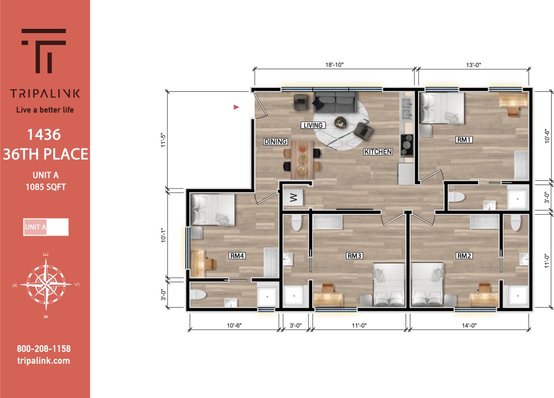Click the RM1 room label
(465, 140)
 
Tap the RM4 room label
(238, 256)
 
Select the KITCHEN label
(378, 152)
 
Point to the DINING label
(275, 142)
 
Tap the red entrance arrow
(236, 107)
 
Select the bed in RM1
(442, 108)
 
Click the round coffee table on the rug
(341, 122)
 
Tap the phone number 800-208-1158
(44, 349)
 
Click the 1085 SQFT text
(45, 187)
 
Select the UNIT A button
(46, 227)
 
